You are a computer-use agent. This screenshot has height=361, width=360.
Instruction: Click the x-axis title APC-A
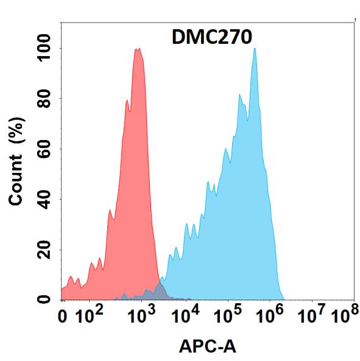coord(208,346)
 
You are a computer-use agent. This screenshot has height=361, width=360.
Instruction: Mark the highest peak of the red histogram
coord(138,49)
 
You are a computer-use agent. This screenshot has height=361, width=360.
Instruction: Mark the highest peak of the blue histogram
coord(255,49)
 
